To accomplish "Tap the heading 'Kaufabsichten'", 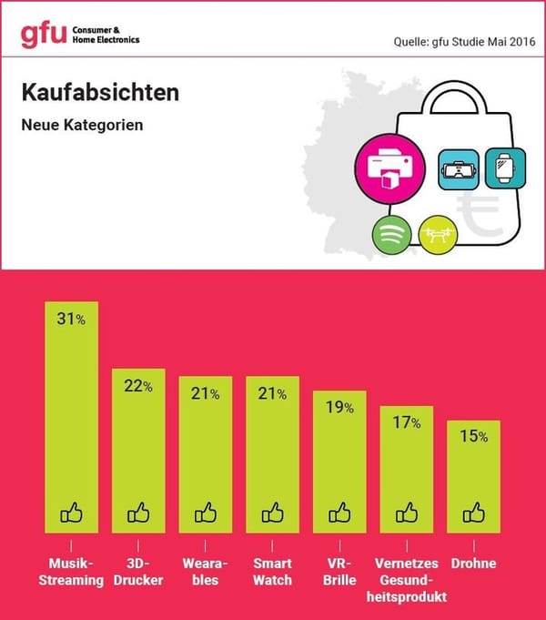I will [100, 94].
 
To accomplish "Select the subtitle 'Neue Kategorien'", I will [81, 125].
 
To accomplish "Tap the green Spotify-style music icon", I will [392, 235].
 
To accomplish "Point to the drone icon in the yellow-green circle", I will [438, 235].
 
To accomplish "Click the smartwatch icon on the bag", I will [502, 168].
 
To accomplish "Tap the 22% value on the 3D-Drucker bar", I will [139, 386].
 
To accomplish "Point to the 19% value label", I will [340, 408].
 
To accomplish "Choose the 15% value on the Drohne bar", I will [474, 437].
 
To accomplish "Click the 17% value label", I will [407, 422].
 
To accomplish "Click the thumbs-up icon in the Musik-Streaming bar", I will [72, 513].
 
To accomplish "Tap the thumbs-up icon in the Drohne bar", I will [474, 513].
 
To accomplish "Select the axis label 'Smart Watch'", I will [273, 571].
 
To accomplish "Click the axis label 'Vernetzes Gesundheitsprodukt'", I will [407, 580].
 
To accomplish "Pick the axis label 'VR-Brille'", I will [340, 571].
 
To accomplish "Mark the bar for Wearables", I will [206, 455].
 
